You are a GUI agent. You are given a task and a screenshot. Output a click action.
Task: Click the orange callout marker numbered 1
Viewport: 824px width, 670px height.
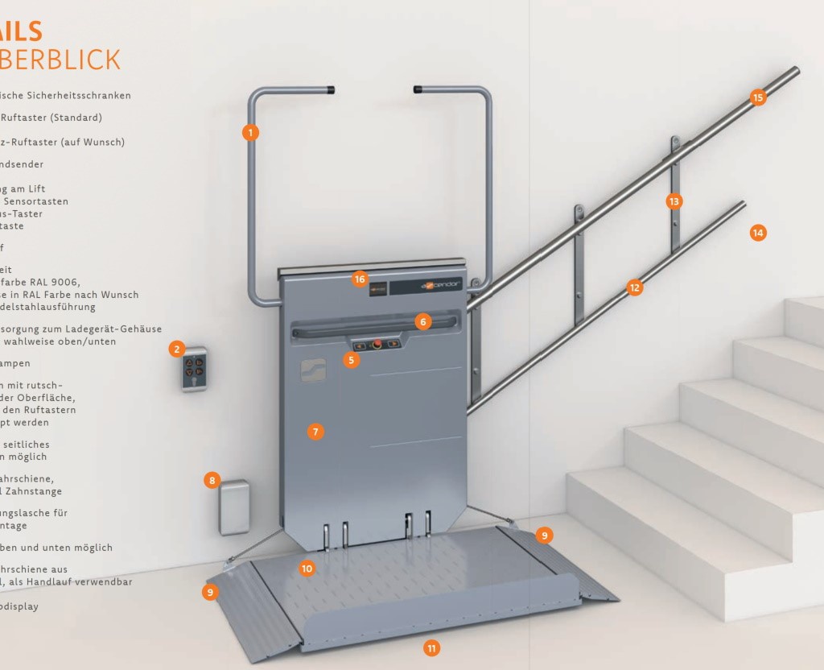[x=250, y=132]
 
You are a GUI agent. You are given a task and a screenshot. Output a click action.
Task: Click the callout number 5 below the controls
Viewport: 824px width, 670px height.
[x=351, y=360]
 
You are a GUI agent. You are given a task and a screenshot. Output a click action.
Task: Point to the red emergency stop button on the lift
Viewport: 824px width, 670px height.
[x=376, y=344]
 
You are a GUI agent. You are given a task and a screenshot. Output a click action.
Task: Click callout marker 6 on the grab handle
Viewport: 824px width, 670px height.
[x=423, y=321]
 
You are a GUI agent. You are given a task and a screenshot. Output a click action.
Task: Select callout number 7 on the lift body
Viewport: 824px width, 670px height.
[x=315, y=432]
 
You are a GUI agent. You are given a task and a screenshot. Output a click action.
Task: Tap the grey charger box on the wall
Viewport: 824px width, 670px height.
[x=234, y=507]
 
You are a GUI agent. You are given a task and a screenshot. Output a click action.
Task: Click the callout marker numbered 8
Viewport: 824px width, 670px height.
[x=212, y=481]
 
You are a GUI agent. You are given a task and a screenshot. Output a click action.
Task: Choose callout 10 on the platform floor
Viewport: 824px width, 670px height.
[x=306, y=569]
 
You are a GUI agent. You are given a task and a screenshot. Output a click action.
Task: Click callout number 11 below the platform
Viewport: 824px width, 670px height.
[x=432, y=647]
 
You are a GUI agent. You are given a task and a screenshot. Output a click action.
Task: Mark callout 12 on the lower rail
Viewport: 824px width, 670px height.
[x=635, y=287]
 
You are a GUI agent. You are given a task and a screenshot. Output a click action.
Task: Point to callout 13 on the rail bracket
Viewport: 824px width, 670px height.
[x=674, y=201]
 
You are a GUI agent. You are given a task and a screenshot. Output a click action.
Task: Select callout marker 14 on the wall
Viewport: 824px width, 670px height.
[x=757, y=233]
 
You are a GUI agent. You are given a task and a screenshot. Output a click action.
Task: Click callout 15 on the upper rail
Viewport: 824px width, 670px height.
[x=757, y=97]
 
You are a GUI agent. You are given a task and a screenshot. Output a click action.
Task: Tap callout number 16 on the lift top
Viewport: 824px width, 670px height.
[x=360, y=279]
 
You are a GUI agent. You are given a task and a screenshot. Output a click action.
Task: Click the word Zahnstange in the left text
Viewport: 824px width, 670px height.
[x=34, y=491]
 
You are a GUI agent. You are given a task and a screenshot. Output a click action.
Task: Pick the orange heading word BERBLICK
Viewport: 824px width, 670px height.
[x=60, y=60]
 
